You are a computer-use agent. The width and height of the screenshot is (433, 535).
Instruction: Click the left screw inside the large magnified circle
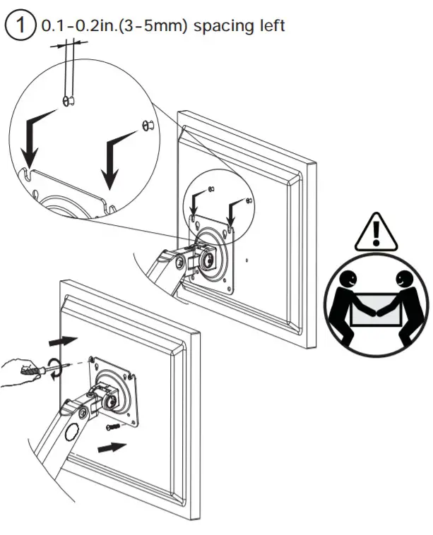pos(69,102)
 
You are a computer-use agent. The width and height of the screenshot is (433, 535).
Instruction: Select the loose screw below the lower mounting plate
pos(110,426)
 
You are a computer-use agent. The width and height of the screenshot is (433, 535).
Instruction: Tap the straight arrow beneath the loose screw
pos(112,447)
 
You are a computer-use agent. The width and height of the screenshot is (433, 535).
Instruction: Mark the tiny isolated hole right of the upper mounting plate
pos(247,259)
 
